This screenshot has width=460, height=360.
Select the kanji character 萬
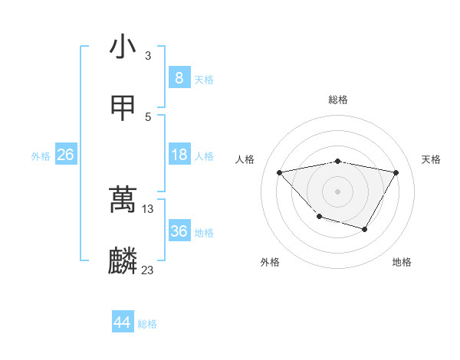click(x=123, y=201)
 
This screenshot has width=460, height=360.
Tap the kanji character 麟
click(x=123, y=260)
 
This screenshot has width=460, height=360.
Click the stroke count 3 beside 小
click(x=148, y=56)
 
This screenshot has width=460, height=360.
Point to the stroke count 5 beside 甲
click(x=148, y=116)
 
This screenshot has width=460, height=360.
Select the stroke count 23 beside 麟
click(x=148, y=270)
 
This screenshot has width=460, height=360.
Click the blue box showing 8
click(x=179, y=78)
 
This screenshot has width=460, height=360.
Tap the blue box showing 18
click(x=179, y=155)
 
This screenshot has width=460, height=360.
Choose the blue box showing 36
click(x=179, y=231)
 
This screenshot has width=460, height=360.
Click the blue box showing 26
click(x=65, y=155)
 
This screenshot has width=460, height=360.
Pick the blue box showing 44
click(x=122, y=323)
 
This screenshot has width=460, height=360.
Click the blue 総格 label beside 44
click(x=147, y=325)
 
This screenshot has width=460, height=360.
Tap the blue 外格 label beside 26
click(x=41, y=156)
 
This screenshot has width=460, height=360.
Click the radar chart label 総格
click(x=338, y=100)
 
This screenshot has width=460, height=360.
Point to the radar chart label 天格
click(x=432, y=159)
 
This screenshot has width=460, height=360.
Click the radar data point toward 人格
click(x=280, y=172)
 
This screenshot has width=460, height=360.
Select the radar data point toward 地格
click(x=365, y=229)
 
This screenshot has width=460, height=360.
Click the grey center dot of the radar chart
click(x=338, y=190)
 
